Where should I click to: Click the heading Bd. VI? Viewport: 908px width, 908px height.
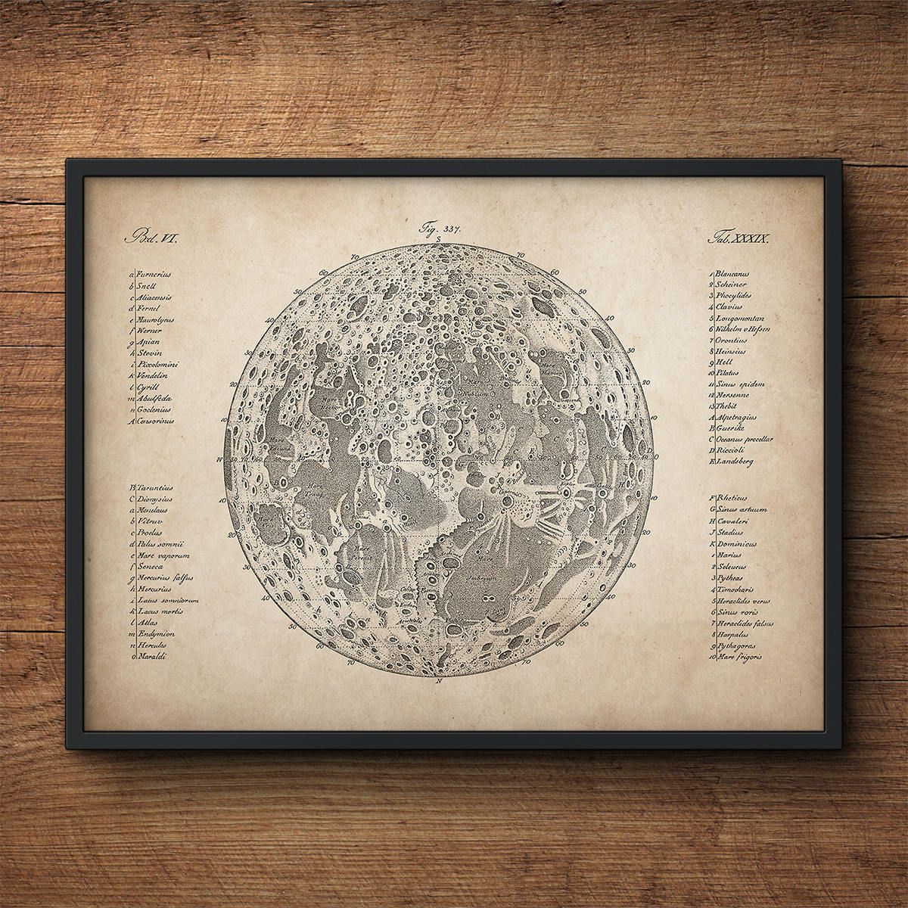coord(154,237)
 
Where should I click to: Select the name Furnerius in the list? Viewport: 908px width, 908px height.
coord(157,276)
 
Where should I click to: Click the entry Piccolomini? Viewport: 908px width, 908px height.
coord(158,364)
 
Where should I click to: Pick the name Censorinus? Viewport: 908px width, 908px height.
coord(156,420)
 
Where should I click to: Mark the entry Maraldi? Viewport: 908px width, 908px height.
coord(154,657)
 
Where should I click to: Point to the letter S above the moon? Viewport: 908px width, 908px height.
coord(438,239)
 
